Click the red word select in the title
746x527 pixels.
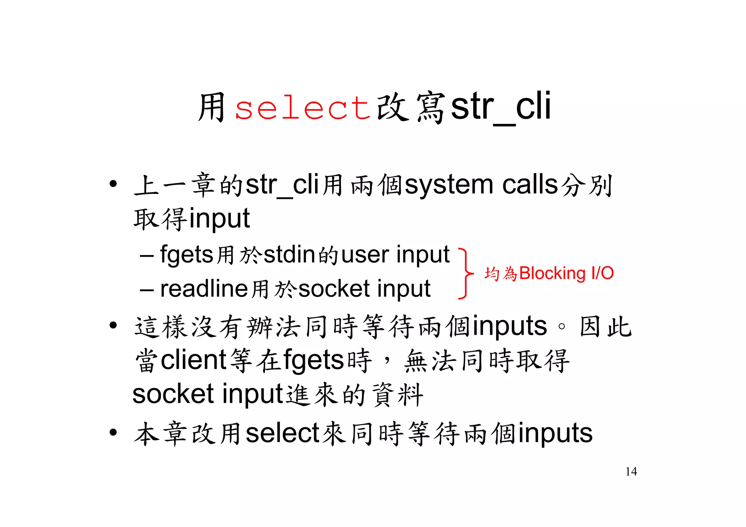pos(302,108)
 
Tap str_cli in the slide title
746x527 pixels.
pos(501,107)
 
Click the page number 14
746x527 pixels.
pos(631,471)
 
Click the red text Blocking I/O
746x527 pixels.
pos(566,273)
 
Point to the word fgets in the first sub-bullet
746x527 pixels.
pos(186,255)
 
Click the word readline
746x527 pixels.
pos(204,289)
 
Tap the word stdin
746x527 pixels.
pos(289,255)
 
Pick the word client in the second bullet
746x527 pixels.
pos(194,360)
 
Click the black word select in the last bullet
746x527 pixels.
pos(282,433)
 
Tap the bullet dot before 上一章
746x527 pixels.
pos(113,184)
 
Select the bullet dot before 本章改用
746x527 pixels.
pos(113,432)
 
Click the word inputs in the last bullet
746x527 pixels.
pos(555,433)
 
